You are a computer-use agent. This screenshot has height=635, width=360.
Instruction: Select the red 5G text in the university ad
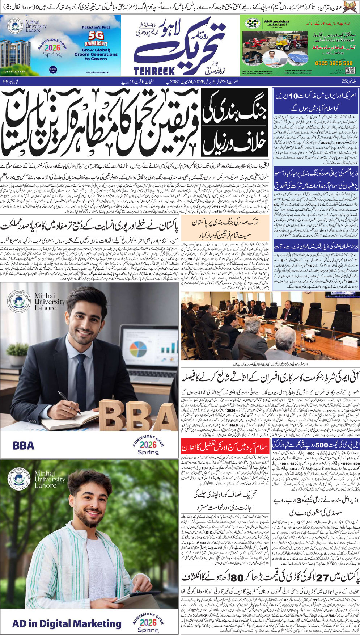click(x=96, y=36)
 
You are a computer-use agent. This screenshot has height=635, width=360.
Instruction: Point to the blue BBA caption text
click(x=24, y=445)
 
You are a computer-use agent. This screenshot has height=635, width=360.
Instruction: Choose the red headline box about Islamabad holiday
click(x=225, y=446)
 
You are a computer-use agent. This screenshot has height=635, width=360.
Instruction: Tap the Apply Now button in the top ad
click(x=53, y=70)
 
